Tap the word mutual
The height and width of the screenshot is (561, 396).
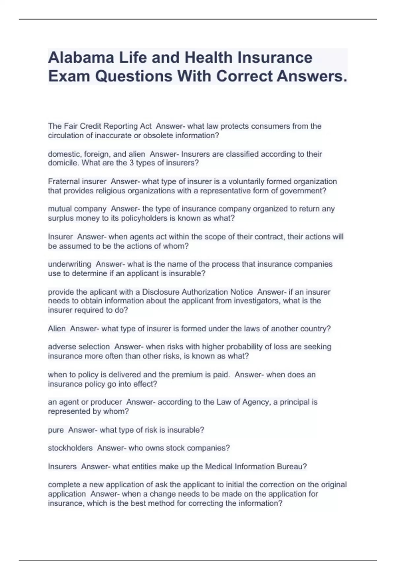pos(60,209)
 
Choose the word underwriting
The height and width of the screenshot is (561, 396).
pos(70,264)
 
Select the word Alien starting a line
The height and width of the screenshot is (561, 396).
pos(57,329)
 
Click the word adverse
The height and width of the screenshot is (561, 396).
pos(61,347)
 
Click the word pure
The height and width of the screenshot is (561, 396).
pos(56,430)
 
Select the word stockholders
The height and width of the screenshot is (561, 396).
pos(70,448)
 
